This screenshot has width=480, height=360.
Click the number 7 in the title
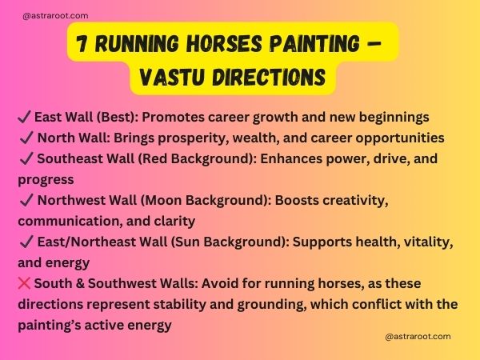[x=83, y=41]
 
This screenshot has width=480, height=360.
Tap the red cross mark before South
[x=23, y=284]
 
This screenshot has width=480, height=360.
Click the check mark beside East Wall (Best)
[x=22, y=118]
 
